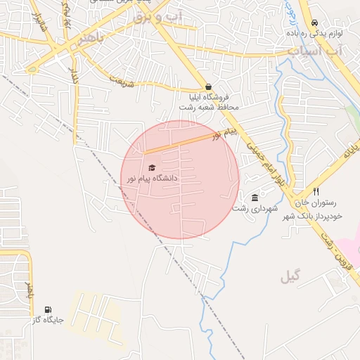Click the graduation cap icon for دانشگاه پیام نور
(x=151, y=168)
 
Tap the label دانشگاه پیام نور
(x=151, y=179)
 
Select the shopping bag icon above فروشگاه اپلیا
(x=207, y=87)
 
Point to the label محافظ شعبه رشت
(x=213, y=107)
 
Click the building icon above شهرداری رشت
(x=254, y=198)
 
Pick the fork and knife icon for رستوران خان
(x=316, y=191)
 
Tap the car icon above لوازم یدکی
(x=314, y=22)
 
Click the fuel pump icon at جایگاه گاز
(x=48, y=309)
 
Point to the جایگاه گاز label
(x=48, y=320)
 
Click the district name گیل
(x=290, y=276)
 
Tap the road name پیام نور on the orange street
(x=227, y=133)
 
